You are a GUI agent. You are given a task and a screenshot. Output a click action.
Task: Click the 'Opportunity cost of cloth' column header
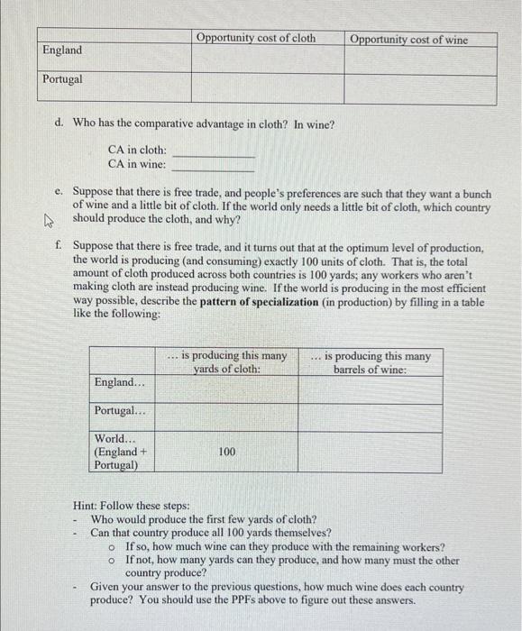click(256, 38)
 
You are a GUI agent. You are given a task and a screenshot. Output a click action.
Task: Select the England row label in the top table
click(61, 50)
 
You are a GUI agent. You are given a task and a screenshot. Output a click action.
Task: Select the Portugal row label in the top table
click(62, 79)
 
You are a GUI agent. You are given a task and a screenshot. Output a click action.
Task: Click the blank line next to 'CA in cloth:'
click(214, 154)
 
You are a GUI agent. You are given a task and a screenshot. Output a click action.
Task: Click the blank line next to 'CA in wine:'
click(214, 168)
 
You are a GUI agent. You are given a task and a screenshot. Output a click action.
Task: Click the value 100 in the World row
click(227, 451)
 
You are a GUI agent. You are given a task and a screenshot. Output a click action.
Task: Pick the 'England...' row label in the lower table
click(119, 384)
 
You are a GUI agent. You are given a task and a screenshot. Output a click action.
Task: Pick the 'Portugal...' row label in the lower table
click(119, 411)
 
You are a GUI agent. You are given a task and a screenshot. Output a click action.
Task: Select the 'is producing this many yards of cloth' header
click(227, 361)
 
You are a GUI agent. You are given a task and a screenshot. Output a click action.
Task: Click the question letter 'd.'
click(59, 123)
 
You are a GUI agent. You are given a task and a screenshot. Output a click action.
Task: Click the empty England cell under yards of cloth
click(227, 389)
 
